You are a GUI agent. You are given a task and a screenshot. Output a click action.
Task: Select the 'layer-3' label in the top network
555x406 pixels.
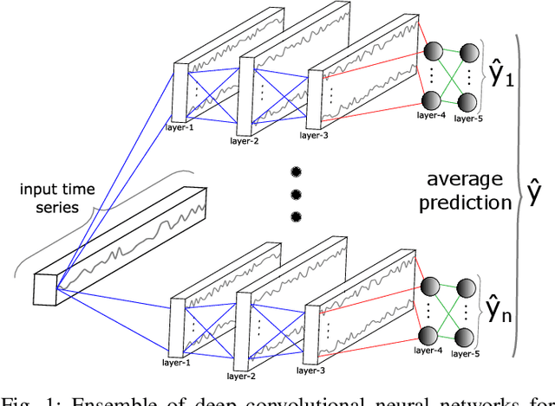315,135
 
